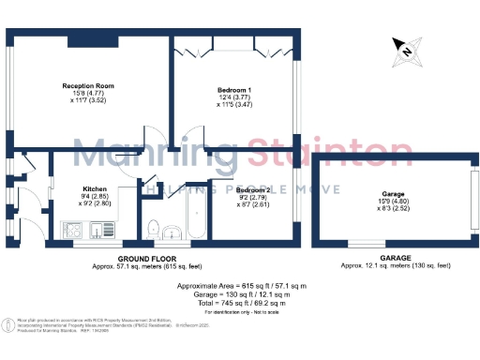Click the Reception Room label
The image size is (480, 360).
click(x=82, y=84)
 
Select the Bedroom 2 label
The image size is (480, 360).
click(x=253, y=190)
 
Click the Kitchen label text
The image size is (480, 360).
click(x=97, y=187)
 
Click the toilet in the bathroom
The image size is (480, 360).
click(x=152, y=226)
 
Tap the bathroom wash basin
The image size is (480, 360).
click(x=172, y=232)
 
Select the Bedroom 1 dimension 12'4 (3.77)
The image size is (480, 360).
click(x=221, y=97)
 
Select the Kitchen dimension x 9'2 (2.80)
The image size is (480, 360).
click(x=97, y=202)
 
